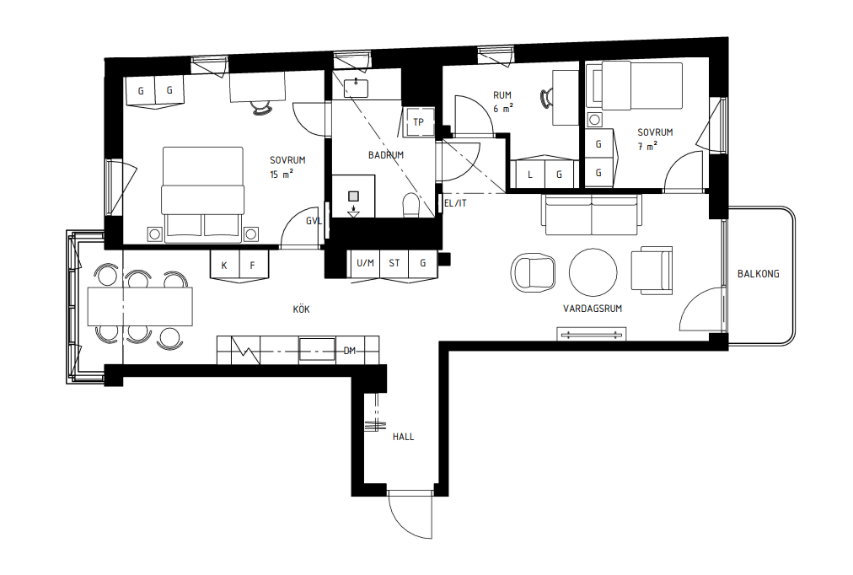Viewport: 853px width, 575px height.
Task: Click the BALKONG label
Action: [758, 274]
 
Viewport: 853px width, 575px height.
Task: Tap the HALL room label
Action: [403, 437]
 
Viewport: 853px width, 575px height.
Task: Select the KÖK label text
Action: [301, 309]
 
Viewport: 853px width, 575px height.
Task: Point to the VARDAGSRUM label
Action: [592, 309]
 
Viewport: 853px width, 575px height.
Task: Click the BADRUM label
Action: [386, 155]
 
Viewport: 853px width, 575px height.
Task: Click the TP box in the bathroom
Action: [418, 121]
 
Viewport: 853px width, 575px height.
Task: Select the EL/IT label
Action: [454, 203]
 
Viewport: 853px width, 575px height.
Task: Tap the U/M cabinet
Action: [365, 263]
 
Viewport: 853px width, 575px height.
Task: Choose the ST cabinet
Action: [394, 263]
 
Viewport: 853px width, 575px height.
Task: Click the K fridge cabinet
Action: [224, 265]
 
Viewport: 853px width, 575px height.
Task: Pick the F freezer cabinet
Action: [252, 265]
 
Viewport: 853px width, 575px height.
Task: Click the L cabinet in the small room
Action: [529, 175]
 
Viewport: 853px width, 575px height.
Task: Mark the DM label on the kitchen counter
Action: [350, 350]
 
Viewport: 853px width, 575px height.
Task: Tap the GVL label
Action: [314, 221]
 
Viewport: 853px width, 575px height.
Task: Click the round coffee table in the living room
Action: [593, 272]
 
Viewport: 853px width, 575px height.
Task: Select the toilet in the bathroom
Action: [411, 205]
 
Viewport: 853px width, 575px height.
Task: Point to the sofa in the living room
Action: [592, 215]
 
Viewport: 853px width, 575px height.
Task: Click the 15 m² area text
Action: [282, 175]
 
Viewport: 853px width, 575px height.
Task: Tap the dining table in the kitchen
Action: [140, 306]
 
